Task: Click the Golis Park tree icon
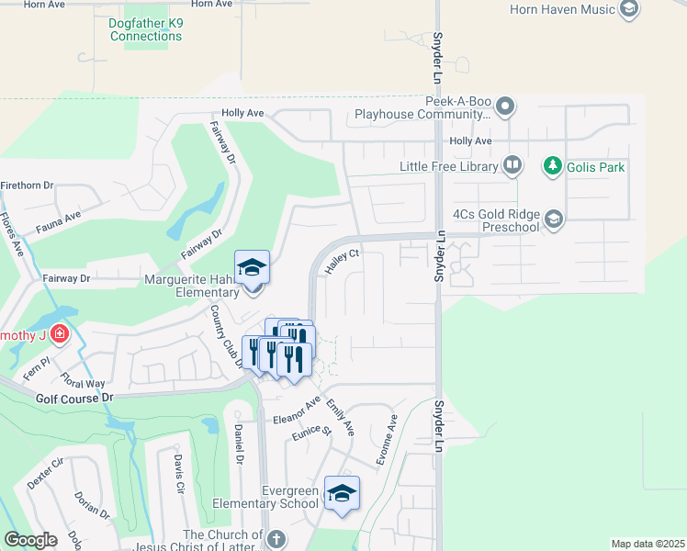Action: pos(552,166)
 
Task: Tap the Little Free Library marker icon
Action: pos(512,166)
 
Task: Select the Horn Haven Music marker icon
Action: pos(629,10)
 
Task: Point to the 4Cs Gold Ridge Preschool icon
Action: pos(553,219)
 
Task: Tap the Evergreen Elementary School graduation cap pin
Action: pos(342,494)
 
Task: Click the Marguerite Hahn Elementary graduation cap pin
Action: pos(253,268)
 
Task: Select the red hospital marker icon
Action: pos(60,333)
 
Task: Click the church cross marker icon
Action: pos(274,540)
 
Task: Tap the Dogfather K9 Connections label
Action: pos(146,29)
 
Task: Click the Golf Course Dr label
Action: pos(74,398)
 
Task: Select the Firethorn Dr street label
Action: pos(28,186)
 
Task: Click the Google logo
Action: pos(30,540)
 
